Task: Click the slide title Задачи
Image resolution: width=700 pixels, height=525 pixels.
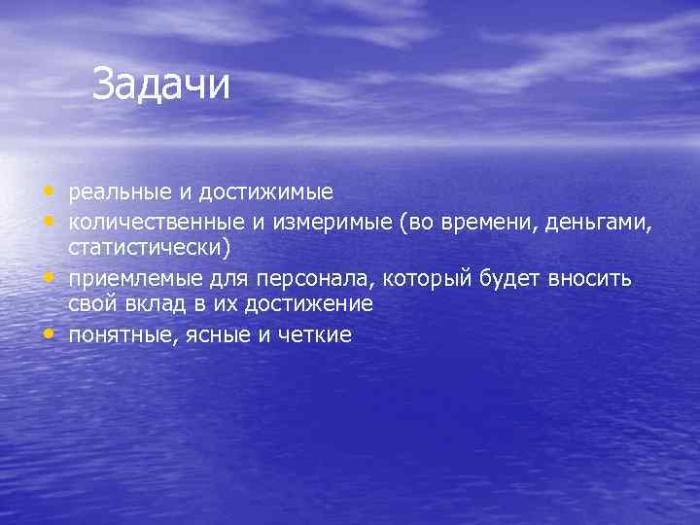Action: (x=161, y=86)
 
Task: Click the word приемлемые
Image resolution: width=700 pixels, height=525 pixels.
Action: (x=126, y=281)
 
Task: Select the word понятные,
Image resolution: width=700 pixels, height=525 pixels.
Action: (x=121, y=335)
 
